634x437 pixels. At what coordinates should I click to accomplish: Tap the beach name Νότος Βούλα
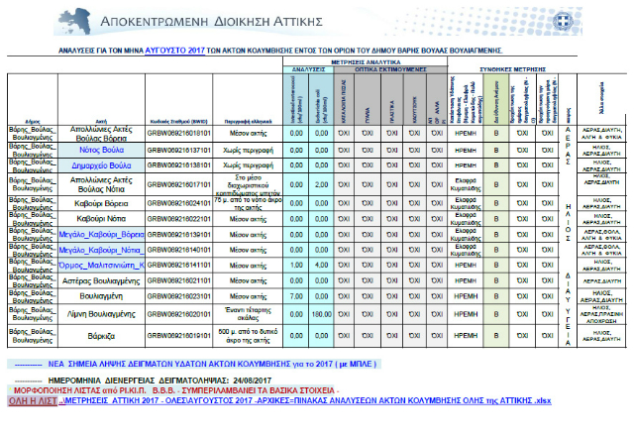[x=104, y=149]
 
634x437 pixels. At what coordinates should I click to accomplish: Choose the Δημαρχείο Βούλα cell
[x=104, y=164]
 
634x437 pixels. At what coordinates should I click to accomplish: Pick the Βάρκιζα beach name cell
[x=104, y=337]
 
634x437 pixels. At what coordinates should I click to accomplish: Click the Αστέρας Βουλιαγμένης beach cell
[x=104, y=281]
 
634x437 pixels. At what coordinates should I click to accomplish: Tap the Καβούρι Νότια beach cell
[x=104, y=217]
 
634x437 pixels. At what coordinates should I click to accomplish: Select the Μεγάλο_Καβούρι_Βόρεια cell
[x=104, y=234]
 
